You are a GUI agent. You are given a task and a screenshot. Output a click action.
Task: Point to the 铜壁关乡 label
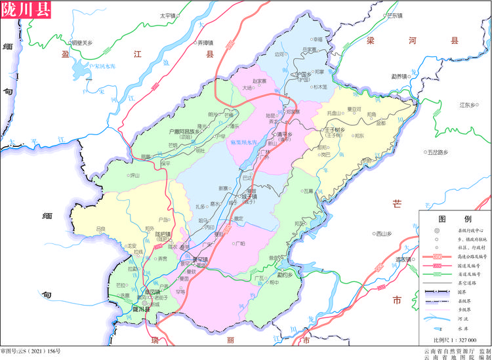(x=80, y=42)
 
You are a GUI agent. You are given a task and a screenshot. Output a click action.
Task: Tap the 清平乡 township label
(x=282, y=136)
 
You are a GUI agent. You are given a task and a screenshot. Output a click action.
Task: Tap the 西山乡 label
(x=383, y=233)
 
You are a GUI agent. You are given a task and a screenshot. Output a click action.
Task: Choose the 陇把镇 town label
(x=162, y=233)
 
